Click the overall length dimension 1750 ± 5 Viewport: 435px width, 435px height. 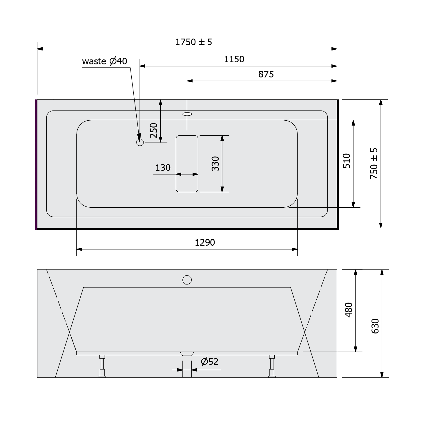click(194, 42)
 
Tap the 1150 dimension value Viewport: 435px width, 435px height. click(234, 59)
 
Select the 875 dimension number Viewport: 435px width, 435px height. click(266, 75)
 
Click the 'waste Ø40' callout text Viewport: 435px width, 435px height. click(104, 61)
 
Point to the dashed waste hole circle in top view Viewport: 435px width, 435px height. click(140, 142)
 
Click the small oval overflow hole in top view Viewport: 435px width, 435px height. click(187, 114)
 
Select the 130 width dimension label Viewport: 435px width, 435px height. click(163, 168)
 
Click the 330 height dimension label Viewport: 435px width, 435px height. click(215, 164)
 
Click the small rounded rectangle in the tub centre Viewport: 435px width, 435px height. click(187, 164)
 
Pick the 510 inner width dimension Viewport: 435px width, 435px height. click(347, 161)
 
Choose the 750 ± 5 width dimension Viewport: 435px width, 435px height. click(374, 164)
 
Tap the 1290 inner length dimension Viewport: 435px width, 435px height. click(205, 242)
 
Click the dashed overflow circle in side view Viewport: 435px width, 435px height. click(187, 280)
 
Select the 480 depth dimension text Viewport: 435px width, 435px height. click(349, 310)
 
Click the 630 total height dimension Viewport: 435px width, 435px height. click(375, 326)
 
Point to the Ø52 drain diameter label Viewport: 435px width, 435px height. click(209, 362)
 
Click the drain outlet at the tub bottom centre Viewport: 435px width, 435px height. click(187, 354)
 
